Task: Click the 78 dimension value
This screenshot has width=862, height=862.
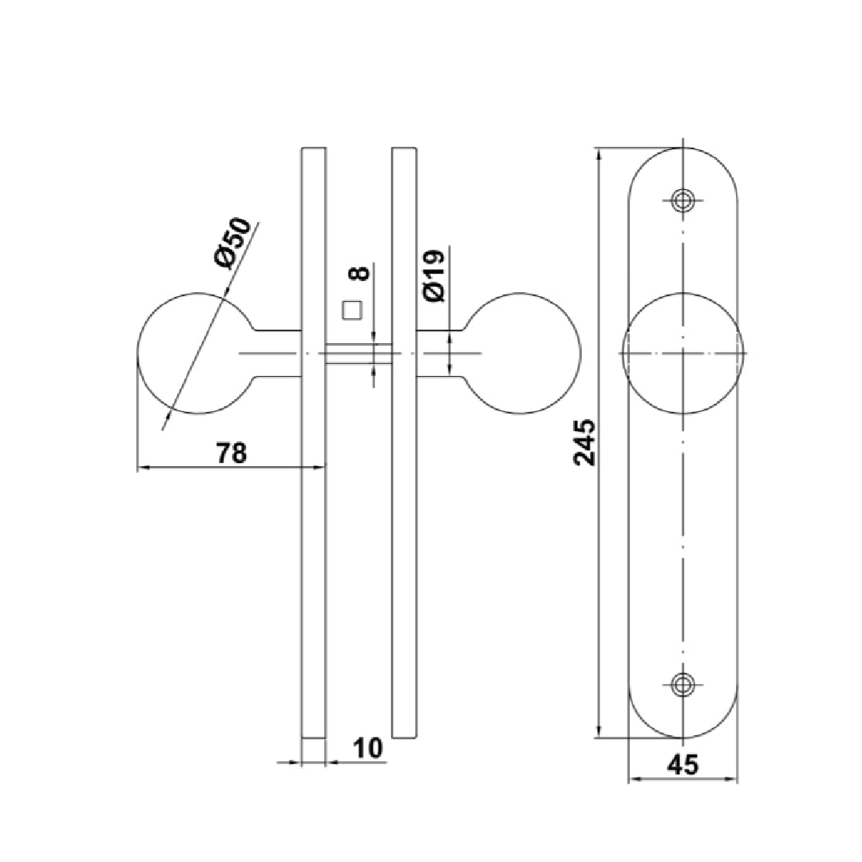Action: point(232,453)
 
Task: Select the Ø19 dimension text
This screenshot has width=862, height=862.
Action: point(434,276)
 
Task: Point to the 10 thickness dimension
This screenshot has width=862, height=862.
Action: point(367,748)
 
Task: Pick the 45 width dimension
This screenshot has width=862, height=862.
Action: point(682,765)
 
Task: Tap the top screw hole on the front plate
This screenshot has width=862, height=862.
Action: point(682,200)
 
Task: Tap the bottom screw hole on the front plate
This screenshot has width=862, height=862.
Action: point(682,683)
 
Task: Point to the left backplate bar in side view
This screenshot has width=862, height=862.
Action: point(314,519)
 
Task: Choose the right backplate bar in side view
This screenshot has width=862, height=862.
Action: point(405,519)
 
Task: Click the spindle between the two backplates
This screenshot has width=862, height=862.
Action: point(359,353)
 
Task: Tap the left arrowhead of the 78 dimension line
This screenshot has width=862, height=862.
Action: point(142,467)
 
